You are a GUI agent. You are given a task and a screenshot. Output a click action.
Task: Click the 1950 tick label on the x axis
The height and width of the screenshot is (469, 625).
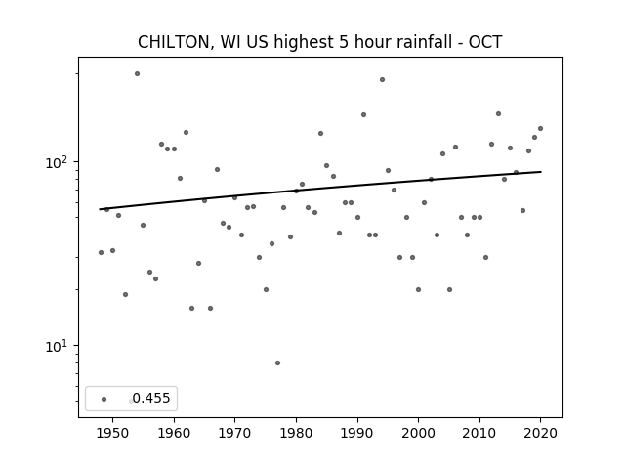(113, 433)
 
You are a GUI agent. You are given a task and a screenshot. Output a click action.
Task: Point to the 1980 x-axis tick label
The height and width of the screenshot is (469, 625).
(296, 433)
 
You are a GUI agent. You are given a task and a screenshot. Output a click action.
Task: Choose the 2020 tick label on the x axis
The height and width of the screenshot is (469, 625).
(540, 433)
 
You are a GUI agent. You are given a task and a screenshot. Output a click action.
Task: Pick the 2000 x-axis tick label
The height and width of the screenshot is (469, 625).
(418, 433)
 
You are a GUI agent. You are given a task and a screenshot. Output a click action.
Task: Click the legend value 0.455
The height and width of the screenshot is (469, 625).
(151, 398)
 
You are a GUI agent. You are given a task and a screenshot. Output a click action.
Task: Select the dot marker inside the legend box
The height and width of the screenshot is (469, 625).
(104, 399)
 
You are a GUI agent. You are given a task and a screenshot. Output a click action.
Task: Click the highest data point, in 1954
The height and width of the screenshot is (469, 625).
(137, 74)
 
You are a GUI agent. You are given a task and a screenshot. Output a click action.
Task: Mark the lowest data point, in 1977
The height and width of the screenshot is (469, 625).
(277, 362)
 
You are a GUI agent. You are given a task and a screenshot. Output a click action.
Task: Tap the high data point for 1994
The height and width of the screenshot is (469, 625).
(382, 80)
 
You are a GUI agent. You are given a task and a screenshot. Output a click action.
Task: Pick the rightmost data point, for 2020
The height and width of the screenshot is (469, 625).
(540, 128)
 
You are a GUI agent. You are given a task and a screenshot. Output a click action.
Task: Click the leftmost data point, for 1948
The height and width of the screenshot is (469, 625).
(101, 252)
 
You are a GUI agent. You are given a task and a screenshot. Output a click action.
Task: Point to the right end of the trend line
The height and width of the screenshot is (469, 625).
(541, 172)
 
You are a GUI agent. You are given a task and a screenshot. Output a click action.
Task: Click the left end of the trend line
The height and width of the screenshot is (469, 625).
(100, 209)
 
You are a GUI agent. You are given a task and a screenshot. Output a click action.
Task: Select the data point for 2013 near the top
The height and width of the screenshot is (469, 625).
(498, 114)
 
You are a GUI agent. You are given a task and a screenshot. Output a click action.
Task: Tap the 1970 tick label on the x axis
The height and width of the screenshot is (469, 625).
(234, 433)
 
